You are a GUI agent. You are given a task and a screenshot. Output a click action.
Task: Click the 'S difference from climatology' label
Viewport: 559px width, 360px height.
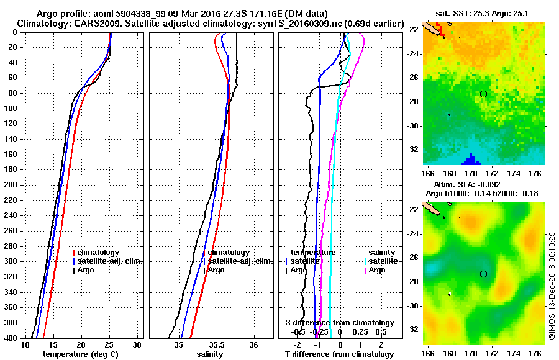(339, 323)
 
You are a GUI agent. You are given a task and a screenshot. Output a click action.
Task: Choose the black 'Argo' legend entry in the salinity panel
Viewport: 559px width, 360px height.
(215, 270)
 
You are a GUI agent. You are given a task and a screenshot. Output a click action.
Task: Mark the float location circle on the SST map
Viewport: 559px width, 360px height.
(483, 94)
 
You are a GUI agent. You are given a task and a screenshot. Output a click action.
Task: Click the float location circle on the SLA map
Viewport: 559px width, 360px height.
(483, 274)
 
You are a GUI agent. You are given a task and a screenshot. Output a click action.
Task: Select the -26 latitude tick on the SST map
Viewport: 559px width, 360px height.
(411, 78)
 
